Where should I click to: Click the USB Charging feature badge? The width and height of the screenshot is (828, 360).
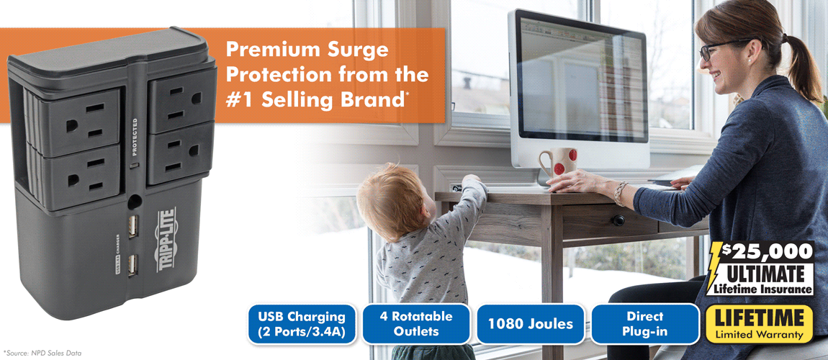click(x=302, y=324)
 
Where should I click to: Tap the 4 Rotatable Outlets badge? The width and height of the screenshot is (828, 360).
click(x=416, y=323)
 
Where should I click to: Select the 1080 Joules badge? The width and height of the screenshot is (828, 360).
click(x=531, y=324)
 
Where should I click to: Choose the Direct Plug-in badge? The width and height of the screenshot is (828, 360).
click(x=645, y=324)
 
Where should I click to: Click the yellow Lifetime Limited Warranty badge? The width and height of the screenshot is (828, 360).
click(x=760, y=324)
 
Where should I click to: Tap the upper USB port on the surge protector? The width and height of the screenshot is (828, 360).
click(x=132, y=226)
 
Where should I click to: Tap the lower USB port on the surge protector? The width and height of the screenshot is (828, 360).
click(x=132, y=264)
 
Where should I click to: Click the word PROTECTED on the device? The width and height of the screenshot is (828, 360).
click(x=135, y=137)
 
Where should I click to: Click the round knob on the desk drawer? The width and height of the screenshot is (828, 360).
click(x=618, y=220)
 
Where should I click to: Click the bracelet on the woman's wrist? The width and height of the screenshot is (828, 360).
click(x=620, y=194)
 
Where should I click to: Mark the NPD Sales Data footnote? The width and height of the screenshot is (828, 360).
click(x=42, y=352)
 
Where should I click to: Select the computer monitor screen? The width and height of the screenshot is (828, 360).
click(x=581, y=78)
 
